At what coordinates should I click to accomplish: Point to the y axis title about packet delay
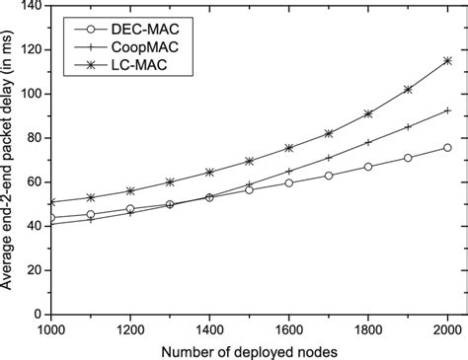click(11, 160)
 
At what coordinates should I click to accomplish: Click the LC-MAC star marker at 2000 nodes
click(447, 60)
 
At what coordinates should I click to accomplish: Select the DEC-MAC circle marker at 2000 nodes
click(447, 148)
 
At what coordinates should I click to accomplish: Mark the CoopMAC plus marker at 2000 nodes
click(447, 110)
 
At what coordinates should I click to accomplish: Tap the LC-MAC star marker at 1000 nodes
click(50, 202)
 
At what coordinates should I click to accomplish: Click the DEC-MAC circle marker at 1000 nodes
click(50, 218)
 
